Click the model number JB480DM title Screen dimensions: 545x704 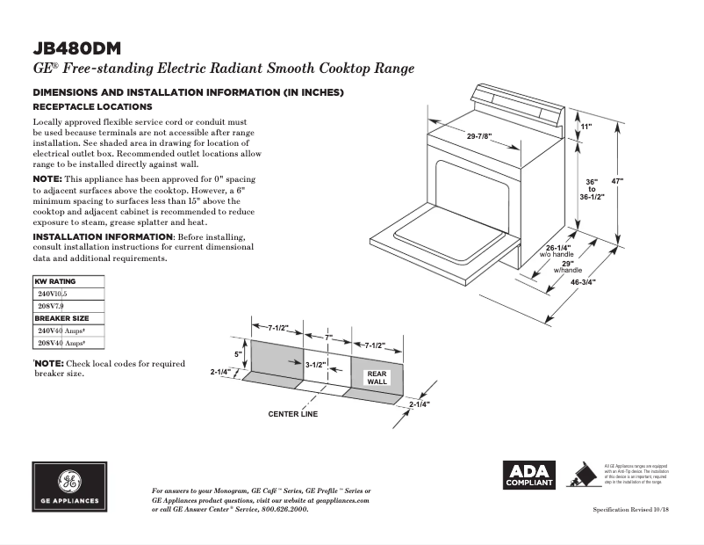point(78,47)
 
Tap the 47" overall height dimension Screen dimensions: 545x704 point(617,181)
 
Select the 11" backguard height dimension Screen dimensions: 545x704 point(586,127)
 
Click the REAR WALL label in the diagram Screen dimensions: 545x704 point(377,378)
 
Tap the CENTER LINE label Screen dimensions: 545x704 point(292,414)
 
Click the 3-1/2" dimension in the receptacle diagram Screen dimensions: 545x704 point(316,363)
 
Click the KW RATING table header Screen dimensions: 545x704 point(54,282)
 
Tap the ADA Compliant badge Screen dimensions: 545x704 point(528,475)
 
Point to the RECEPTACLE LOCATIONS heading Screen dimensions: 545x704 point(92,106)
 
